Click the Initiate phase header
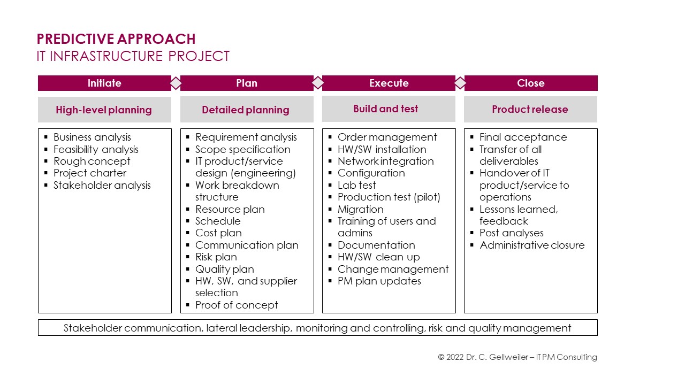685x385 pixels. (104, 83)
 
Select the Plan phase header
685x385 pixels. (247, 83)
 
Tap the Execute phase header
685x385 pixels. (389, 83)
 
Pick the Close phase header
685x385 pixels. (531, 83)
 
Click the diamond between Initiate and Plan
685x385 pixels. (176, 83)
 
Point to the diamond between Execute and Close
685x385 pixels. (460, 83)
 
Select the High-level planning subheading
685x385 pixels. (104, 110)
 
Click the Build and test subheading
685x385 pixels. (386, 109)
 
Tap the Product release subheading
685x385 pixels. (530, 110)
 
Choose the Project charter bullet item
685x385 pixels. (90, 173)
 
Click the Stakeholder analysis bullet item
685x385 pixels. (102, 185)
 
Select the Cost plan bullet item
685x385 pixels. (219, 233)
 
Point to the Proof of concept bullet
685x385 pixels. (237, 305)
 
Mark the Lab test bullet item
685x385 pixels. (357, 185)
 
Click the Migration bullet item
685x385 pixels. (361, 209)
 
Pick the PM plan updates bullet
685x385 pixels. (379, 281)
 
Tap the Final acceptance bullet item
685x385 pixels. (523, 137)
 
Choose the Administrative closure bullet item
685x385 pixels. (532, 245)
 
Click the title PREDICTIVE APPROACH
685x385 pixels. (116, 39)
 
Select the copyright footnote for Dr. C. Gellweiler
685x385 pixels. (517, 357)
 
